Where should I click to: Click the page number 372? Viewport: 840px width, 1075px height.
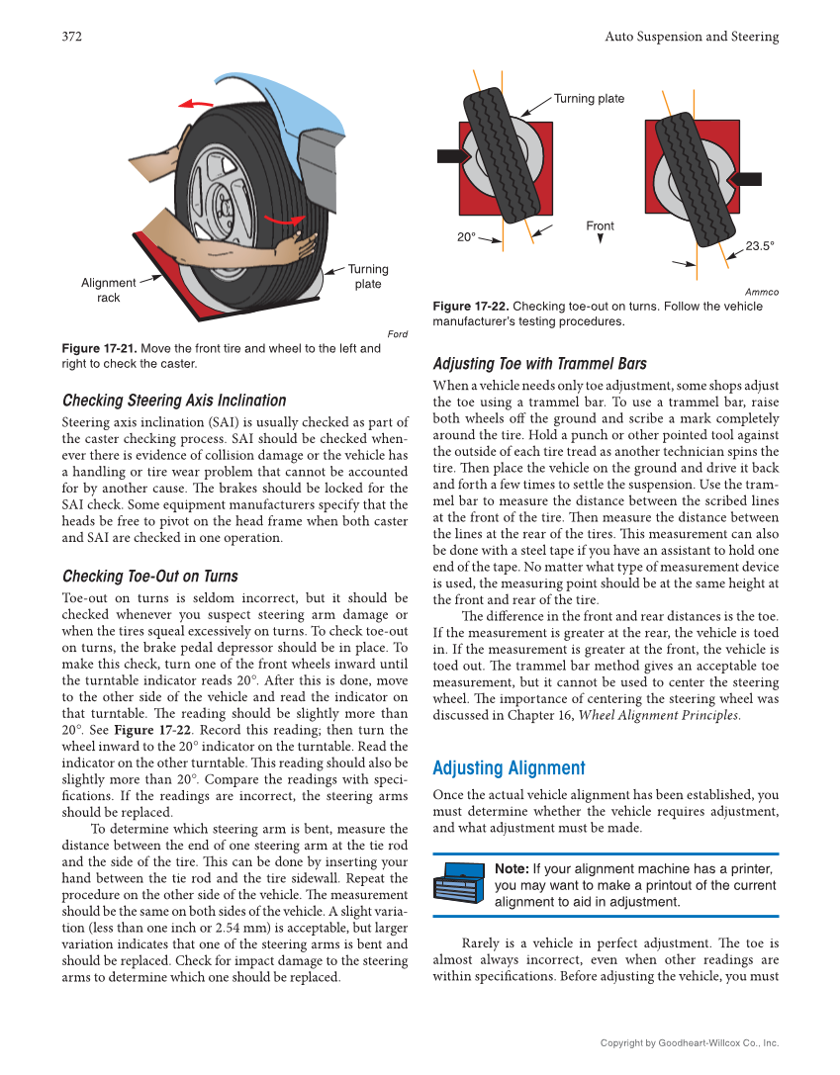click(x=71, y=37)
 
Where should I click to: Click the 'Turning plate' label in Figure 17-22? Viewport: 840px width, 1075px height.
click(x=589, y=98)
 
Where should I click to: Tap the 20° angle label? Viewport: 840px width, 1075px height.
click(x=466, y=237)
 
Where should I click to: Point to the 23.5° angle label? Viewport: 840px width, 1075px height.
click(x=759, y=246)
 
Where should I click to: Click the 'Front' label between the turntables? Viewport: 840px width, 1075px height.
click(x=600, y=226)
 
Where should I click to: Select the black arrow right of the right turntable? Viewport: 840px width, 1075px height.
click(x=745, y=179)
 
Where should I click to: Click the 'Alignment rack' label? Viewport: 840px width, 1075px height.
click(x=109, y=290)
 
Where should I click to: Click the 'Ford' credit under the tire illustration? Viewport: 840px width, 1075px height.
click(x=397, y=334)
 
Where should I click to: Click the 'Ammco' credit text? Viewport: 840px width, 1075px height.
click(x=762, y=292)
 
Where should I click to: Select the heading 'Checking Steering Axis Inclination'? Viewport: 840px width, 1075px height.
click(x=174, y=401)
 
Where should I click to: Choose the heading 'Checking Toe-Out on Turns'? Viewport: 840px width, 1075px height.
click(x=149, y=576)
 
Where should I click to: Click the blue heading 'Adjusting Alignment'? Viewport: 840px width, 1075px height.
click(x=509, y=768)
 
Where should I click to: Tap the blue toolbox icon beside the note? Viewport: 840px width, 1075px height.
click(x=461, y=883)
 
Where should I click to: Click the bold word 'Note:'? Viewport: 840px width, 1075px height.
click(x=512, y=868)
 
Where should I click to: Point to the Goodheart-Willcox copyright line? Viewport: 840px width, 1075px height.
click(x=690, y=1043)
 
